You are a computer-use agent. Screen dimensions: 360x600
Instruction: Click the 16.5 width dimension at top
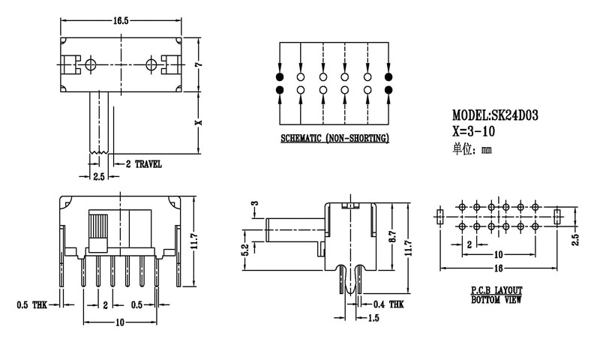coord(119,20)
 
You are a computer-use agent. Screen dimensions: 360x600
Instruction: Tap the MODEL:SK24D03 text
coord(496,115)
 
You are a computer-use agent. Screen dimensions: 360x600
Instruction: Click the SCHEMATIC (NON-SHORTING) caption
coord(334,139)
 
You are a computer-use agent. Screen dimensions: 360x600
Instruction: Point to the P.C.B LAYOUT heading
coord(496,290)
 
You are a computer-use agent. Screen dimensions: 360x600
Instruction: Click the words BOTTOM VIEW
coord(496,300)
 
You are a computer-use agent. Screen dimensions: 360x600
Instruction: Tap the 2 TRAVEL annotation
coord(143,163)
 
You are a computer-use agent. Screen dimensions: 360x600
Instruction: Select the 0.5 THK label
coord(30,304)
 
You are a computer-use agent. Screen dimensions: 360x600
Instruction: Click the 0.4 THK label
coord(391,304)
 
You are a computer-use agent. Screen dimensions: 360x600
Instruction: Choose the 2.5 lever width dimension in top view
coord(99,177)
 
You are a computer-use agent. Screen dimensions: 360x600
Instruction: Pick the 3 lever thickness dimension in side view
coord(254,203)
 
